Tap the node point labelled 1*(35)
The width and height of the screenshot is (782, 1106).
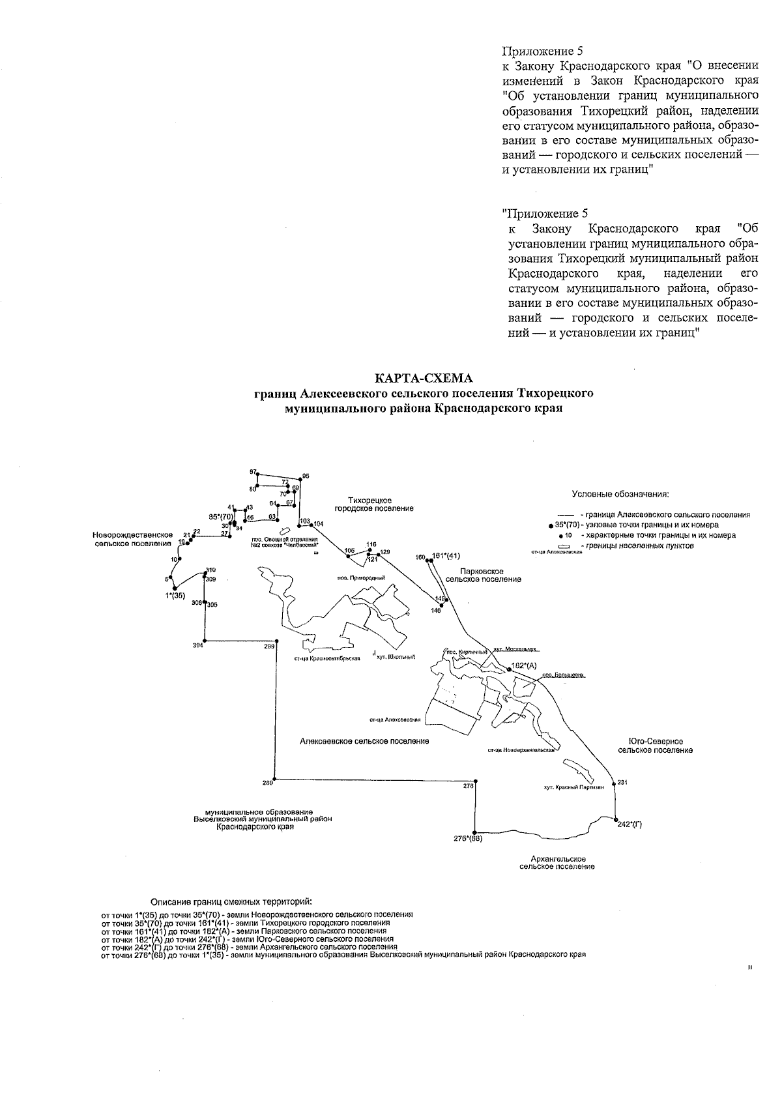[175, 588]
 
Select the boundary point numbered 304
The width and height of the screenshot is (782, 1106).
[205, 640]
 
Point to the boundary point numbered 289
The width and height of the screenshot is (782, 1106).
[276, 778]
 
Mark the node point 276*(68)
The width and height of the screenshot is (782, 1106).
[476, 833]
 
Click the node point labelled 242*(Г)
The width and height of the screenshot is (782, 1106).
[615, 819]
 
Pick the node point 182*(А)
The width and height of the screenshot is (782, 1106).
[509, 669]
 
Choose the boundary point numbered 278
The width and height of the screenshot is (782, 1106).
[476, 780]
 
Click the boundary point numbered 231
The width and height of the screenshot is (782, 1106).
[613, 781]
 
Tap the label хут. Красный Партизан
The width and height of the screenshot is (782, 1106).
[573, 787]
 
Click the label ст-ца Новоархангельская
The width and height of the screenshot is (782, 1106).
[521, 750]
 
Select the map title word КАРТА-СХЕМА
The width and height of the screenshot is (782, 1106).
[424, 379]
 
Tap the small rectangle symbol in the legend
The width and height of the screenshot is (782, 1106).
[564, 546]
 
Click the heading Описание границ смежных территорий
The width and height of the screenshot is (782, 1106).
[231, 902]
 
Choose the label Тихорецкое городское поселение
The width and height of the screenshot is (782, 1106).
[374, 504]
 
